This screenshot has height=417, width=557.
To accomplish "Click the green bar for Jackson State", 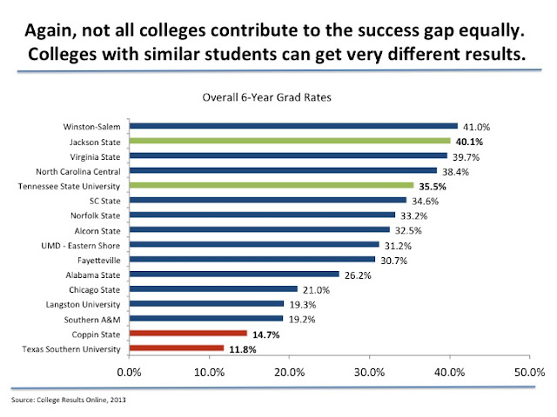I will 290,141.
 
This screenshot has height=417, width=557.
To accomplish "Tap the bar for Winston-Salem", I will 293,126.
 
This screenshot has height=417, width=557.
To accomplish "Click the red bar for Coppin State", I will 188,334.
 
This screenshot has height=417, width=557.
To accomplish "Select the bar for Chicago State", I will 213,289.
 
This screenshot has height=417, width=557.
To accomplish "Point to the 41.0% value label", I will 475,126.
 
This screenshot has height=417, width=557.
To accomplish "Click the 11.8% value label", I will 242,348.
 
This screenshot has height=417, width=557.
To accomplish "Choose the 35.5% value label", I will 432,185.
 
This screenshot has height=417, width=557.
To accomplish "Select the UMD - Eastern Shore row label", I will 87,244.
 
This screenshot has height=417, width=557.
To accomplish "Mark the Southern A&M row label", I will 97,319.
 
